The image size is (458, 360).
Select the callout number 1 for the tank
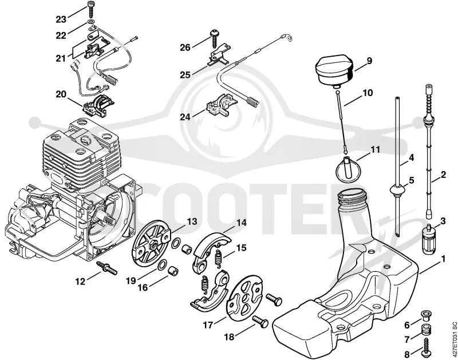pyautogui.click(x=443, y=259)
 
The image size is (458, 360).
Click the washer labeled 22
pyautogui.click(x=90, y=22)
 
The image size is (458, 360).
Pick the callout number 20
pyautogui.click(x=61, y=94)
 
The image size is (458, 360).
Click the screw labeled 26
pyautogui.click(x=216, y=38)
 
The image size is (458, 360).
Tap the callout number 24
pyautogui.click(x=185, y=117)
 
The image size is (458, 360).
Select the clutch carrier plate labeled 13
pyautogui.click(x=151, y=242)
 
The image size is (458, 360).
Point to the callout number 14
pyautogui.click(x=241, y=223)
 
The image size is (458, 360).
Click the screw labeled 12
pyautogui.click(x=107, y=268)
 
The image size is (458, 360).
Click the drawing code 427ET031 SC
pyautogui.click(x=453, y=341)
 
